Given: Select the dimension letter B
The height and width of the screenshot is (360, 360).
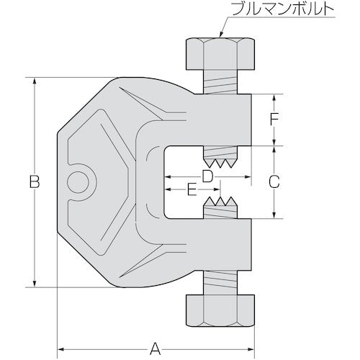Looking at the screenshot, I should click(34, 183).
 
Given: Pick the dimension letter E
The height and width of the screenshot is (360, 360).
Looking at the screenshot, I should click(191, 191).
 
